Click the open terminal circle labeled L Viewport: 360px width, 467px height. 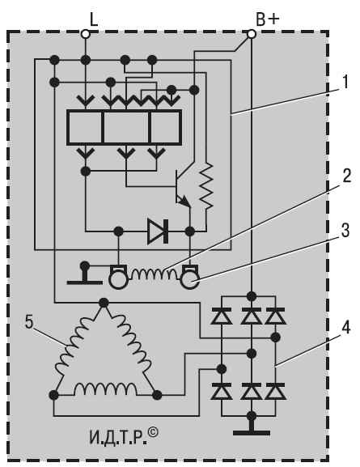(x=86, y=34)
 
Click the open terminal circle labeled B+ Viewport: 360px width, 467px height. (x=252, y=34)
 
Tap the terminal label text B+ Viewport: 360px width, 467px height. (x=268, y=19)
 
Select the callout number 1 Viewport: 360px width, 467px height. (x=345, y=83)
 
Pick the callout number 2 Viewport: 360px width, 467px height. (x=346, y=175)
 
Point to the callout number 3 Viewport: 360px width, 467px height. (x=345, y=230)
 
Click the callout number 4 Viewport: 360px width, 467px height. (x=345, y=328)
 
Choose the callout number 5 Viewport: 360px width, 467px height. (x=29, y=322)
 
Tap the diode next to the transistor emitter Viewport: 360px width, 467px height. (x=158, y=231)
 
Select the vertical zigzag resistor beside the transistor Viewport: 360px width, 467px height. (x=205, y=186)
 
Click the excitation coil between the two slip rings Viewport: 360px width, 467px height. (x=155, y=274)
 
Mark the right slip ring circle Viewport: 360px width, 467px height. (x=190, y=280)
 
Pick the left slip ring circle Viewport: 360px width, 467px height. (x=119, y=280)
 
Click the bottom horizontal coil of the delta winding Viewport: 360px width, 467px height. (x=106, y=389)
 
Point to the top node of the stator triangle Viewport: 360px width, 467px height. (x=104, y=303)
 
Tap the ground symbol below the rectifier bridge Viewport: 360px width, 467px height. (x=252, y=429)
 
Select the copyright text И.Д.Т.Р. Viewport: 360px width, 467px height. (x=124, y=436)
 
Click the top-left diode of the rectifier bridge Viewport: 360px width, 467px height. (x=221, y=316)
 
